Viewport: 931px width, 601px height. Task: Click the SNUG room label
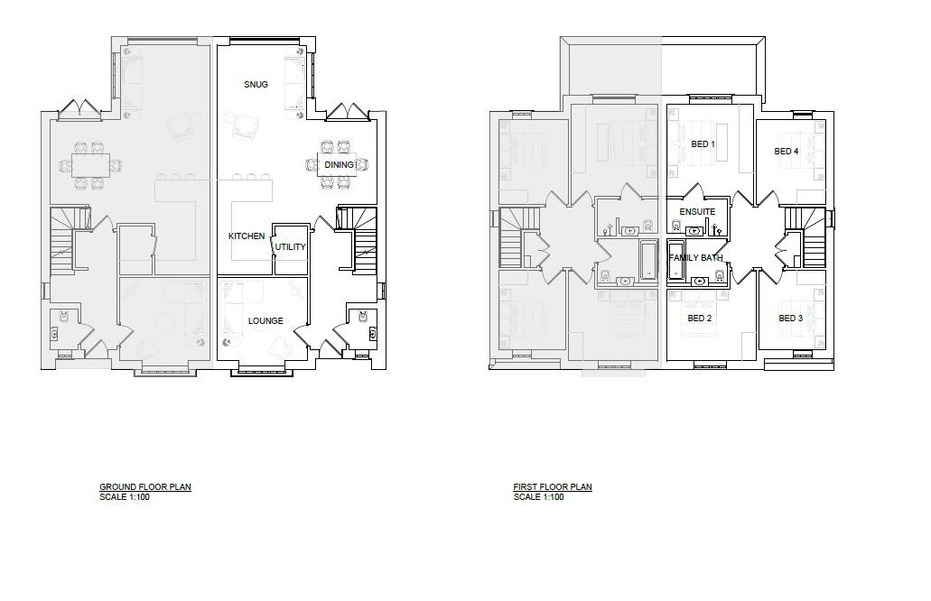(256, 84)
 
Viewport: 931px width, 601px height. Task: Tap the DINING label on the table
(339, 164)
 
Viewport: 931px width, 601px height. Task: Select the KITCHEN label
(247, 236)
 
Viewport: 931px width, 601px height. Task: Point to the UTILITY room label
(291, 247)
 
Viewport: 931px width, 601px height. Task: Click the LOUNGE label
(265, 321)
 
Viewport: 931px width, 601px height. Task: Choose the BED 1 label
(703, 144)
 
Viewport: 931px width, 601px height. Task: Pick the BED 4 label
(787, 152)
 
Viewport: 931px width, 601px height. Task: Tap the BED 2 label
(700, 318)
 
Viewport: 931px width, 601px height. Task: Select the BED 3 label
(791, 318)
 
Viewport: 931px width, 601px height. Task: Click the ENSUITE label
(698, 212)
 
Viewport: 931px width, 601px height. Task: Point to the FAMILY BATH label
(696, 258)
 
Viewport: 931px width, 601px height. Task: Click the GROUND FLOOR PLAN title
(145, 487)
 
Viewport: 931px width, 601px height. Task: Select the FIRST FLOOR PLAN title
(553, 487)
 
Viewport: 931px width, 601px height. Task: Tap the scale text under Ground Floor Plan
(125, 497)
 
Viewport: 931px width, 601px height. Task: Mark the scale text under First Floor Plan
(538, 497)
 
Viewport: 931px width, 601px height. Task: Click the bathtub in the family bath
(675, 259)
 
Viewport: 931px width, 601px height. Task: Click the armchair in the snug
(245, 126)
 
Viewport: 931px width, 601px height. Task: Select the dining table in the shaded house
(91, 164)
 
